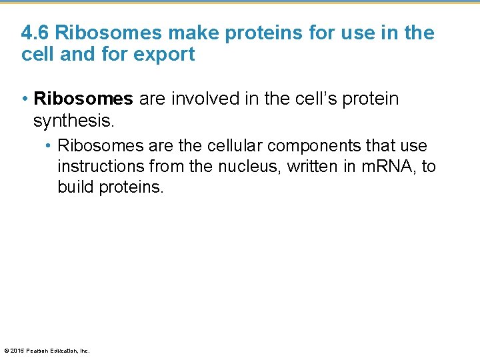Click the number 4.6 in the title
(x=35, y=33)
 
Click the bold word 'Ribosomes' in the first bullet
(x=83, y=99)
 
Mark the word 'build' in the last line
(x=76, y=187)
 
